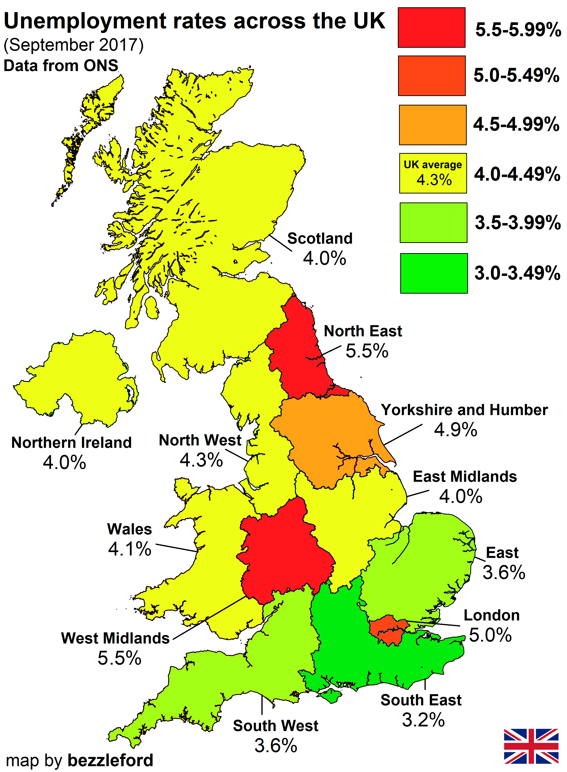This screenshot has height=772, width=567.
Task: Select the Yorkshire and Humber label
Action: [464, 410]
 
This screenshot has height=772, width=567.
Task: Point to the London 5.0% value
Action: [490, 635]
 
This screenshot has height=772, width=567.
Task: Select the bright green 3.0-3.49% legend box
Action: [434, 273]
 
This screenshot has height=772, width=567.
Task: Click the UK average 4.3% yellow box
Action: [433, 173]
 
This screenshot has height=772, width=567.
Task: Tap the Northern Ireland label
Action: [71, 442]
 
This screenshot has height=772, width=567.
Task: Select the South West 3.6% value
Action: [275, 746]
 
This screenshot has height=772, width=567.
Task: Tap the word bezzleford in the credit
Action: [110, 760]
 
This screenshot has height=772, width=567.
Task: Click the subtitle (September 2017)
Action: [74, 45]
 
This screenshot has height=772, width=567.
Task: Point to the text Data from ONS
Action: [61, 65]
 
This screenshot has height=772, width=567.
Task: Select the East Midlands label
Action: [465, 477]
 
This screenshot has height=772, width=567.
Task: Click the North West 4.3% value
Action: [201, 460]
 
